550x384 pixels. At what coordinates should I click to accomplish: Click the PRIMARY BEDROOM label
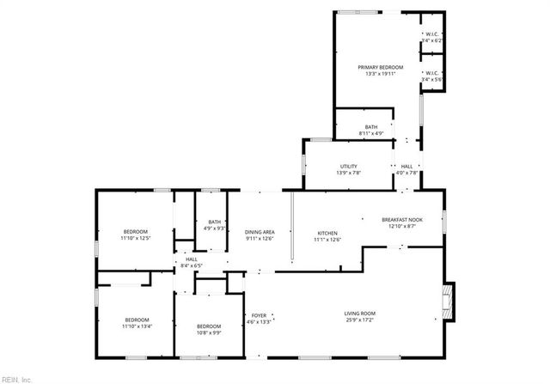coord(380,66)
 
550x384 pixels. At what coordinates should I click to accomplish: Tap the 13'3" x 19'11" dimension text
coord(380,73)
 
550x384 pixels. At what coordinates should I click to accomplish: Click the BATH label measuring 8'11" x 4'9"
coord(370,127)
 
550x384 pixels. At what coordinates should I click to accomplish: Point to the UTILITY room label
coord(349,167)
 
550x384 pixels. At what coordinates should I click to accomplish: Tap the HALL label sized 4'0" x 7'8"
coord(406,167)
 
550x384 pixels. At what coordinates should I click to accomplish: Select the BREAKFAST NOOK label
coord(401,219)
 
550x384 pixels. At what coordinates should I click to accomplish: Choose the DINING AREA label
coord(259,233)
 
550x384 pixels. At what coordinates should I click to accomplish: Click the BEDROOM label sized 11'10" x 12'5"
coord(136,232)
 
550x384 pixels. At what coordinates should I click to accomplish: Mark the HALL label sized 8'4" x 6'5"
coord(191,259)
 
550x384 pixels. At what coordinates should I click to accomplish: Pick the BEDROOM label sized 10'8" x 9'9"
coord(209,326)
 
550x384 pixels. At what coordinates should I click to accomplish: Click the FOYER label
coord(259,315)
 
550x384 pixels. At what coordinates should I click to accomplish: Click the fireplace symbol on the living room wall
coord(446,300)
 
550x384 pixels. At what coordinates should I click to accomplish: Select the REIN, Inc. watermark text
coord(17,378)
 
